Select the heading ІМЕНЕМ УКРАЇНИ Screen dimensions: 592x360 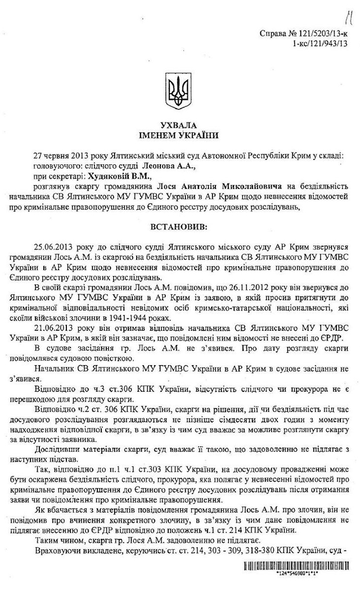pos(180,136)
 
